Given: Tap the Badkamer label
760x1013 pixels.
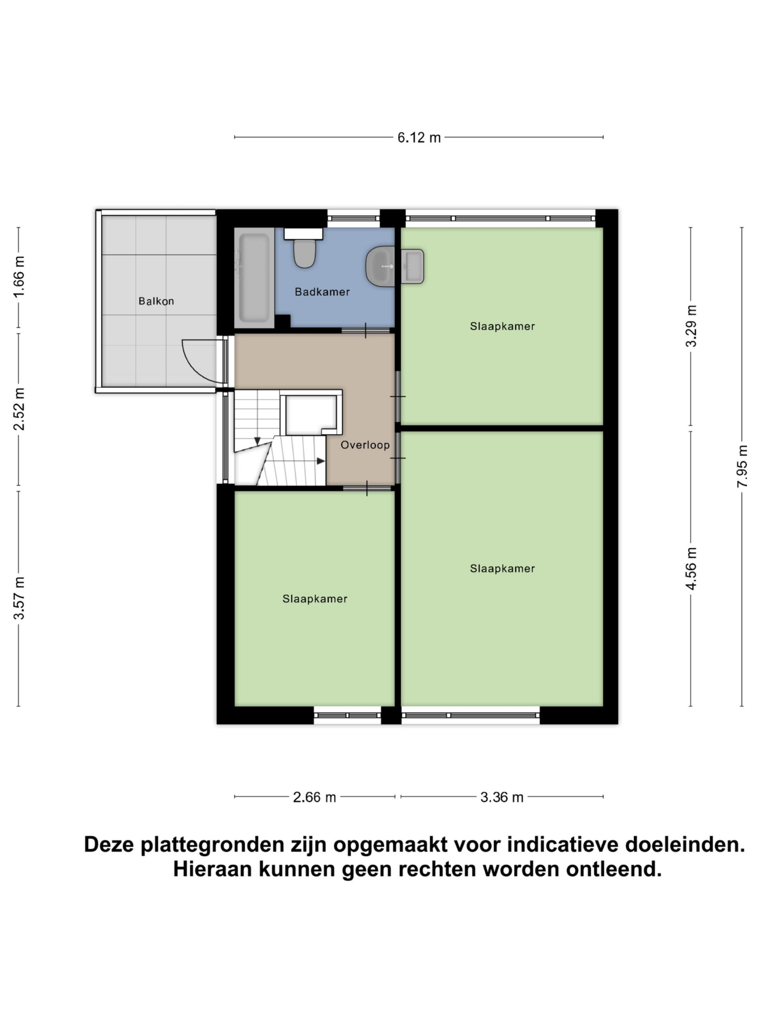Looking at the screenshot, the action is (x=322, y=292).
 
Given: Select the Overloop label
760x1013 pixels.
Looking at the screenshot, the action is (x=365, y=445).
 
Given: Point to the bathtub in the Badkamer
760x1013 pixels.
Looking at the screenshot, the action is (x=254, y=277).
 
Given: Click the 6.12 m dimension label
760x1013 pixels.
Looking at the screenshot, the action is (x=419, y=137).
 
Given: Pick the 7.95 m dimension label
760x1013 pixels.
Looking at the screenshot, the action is (x=742, y=466).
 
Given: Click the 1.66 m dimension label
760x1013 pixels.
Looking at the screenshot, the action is (x=19, y=277).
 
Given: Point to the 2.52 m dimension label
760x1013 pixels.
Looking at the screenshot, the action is (x=19, y=409).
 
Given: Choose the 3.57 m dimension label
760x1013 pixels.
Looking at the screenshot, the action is (x=19, y=598).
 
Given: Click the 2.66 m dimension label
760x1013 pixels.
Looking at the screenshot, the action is (x=314, y=797).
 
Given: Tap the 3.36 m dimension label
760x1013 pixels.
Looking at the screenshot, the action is (x=502, y=797).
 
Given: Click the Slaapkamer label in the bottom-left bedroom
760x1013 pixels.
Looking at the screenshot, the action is (x=315, y=599).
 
